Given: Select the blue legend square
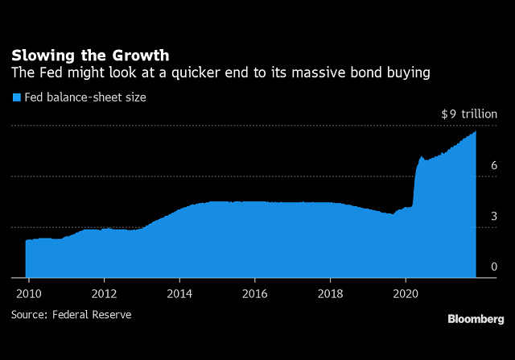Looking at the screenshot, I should coord(14,97).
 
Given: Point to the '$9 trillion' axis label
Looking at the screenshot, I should coord(469,114).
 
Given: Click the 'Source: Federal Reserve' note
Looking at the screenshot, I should coord(71,315).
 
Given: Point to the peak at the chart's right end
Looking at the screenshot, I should coord(476,132).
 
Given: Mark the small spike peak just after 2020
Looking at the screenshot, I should coord(422,157).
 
